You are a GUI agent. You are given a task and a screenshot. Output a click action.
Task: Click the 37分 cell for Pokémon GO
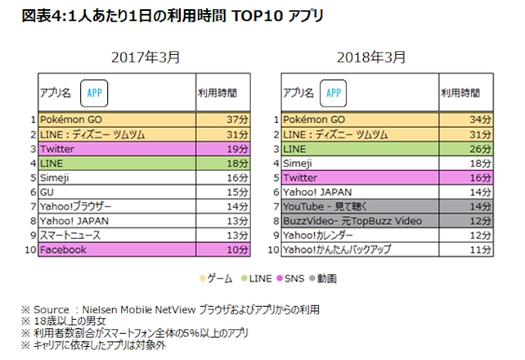(x=224, y=120)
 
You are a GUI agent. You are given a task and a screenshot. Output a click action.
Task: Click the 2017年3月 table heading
(x=146, y=57)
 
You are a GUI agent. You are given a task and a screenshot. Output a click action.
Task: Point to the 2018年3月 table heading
(x=371, y=57)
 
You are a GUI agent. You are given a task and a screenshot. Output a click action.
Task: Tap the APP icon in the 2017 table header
(x=94, y=92)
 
